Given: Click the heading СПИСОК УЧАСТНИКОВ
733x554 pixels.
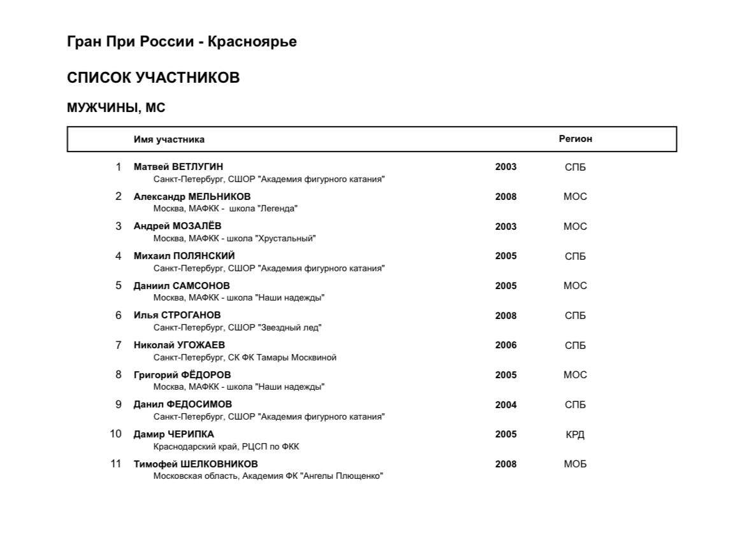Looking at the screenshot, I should click(x=153, y=78).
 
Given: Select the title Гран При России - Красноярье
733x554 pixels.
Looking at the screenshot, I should click(x=181, y=42).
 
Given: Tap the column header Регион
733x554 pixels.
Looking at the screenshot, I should click(x=575, y=139).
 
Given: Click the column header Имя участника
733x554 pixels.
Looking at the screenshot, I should click(x=169, y=139).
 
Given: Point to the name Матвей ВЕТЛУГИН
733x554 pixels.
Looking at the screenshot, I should click(x=178, y=167).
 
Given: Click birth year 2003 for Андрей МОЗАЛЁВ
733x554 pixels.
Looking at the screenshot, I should click(x=506, y=227).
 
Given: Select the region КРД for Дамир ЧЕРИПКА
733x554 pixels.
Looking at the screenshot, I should click(x=575, y=435).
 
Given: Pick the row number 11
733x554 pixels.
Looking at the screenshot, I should click(x=115, y=464).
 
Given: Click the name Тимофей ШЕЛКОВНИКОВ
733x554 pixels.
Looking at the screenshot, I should click(x=196, y=464).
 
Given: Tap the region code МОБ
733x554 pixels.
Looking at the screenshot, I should click(x=575, y=464).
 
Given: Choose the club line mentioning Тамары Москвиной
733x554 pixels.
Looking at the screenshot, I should click(x=245, y=357).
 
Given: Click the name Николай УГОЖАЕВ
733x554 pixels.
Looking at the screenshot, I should click(x=179, y=345).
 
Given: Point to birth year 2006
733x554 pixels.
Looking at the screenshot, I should click(x=506, y=345).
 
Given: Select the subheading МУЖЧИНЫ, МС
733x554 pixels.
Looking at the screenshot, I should click(x=116, y=108).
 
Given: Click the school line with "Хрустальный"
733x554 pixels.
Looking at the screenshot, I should click(x=234, y=239).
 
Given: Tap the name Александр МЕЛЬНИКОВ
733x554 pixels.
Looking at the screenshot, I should click(x=192, y=197).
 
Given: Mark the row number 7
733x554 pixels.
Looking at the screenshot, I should click(x=118, y=345).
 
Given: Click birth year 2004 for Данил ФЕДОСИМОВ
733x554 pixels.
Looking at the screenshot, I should click(x=506, y=405).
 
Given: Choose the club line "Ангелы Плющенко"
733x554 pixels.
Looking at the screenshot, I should click(x=268, y=476).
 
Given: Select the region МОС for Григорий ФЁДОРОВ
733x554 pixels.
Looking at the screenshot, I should click(x=575, y=375).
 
